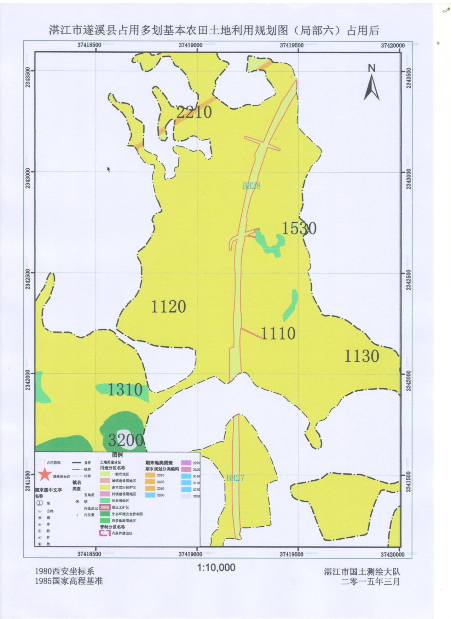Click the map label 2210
point(194,112)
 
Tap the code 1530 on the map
point(299,228)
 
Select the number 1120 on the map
point(168,306)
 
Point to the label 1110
point(278,333)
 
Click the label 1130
point(362,356)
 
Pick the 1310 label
point(125,390)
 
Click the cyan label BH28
point(251,186)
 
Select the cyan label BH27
point(235,478)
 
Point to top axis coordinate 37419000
point(190,45)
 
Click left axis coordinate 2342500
point(28,279)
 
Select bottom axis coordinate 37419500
point(291,555)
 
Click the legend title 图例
point(117,455)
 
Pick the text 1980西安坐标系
point(65,571)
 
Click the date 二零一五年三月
point(370,582)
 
